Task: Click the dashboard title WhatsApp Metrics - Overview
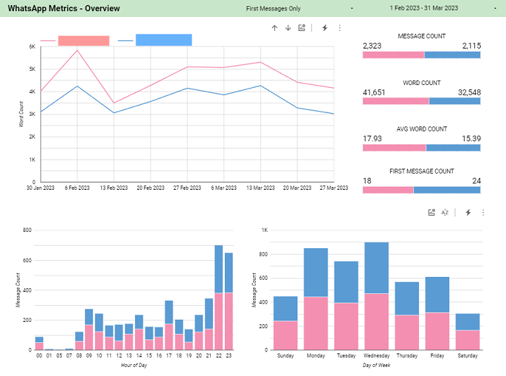64,8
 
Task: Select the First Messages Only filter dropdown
273,8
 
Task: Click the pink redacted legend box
84,41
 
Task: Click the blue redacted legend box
163,40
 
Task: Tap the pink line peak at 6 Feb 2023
77,50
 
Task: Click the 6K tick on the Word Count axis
32,46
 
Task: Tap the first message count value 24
476,181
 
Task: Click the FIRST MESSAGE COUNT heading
422,171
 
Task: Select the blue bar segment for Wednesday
376,267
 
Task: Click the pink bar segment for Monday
316,323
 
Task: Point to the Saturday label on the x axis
467,356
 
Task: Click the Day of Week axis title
377,365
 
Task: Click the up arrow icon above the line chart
275,27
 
